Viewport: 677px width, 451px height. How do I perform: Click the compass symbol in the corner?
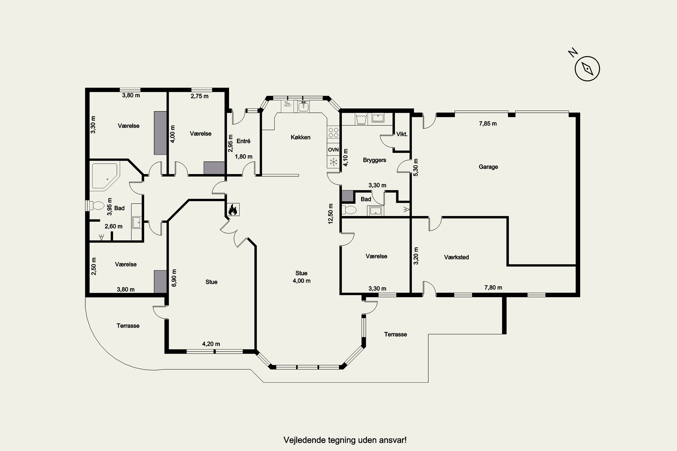coord(587,69)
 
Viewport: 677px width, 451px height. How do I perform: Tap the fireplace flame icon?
coord(233,209)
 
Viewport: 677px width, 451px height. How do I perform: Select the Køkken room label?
coord(301,137)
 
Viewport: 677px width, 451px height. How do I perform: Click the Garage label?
coord(488,167)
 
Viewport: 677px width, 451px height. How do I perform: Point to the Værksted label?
coord(456,257)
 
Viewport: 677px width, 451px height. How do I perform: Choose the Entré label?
coord(243,141)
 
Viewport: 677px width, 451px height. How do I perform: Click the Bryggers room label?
coord(374,160)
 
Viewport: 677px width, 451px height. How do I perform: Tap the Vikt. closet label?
coord(402,134)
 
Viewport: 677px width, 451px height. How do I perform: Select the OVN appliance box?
coord(333,150)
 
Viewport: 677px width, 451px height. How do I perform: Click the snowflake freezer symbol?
coord(333,162)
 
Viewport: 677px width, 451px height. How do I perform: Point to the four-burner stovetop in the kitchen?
coord(333,133)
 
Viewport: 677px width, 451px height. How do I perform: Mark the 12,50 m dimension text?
coord(330,214)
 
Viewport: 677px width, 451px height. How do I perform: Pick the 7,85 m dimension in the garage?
coord(488,124)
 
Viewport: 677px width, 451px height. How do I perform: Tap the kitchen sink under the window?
coord(303,107)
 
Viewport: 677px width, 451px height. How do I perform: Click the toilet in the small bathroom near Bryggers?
coord(349,210)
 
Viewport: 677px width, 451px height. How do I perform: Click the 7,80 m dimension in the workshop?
coord(493,288)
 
